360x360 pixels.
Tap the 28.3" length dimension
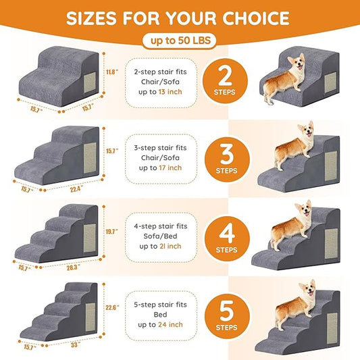pos(70,265)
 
